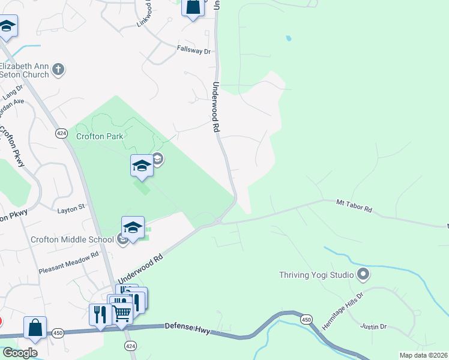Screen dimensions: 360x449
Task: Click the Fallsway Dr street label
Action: coord(193,51)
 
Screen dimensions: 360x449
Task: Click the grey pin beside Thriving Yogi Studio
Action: coord(363,275)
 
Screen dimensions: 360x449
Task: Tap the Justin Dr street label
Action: coord(373,326)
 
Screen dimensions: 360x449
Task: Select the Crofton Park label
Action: coord(100,136)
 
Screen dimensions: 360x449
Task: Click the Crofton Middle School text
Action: coord(72,240)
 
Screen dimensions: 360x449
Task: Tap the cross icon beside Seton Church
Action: coord(58,70)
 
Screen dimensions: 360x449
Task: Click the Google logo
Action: coord(20,353)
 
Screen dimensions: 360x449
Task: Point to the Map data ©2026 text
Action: coord(424,355)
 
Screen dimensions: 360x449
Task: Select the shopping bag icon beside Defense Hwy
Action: coord(35,328)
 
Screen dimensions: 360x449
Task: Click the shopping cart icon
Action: coord(122,313)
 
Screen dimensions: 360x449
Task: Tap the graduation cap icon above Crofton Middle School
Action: coord(133,227)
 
